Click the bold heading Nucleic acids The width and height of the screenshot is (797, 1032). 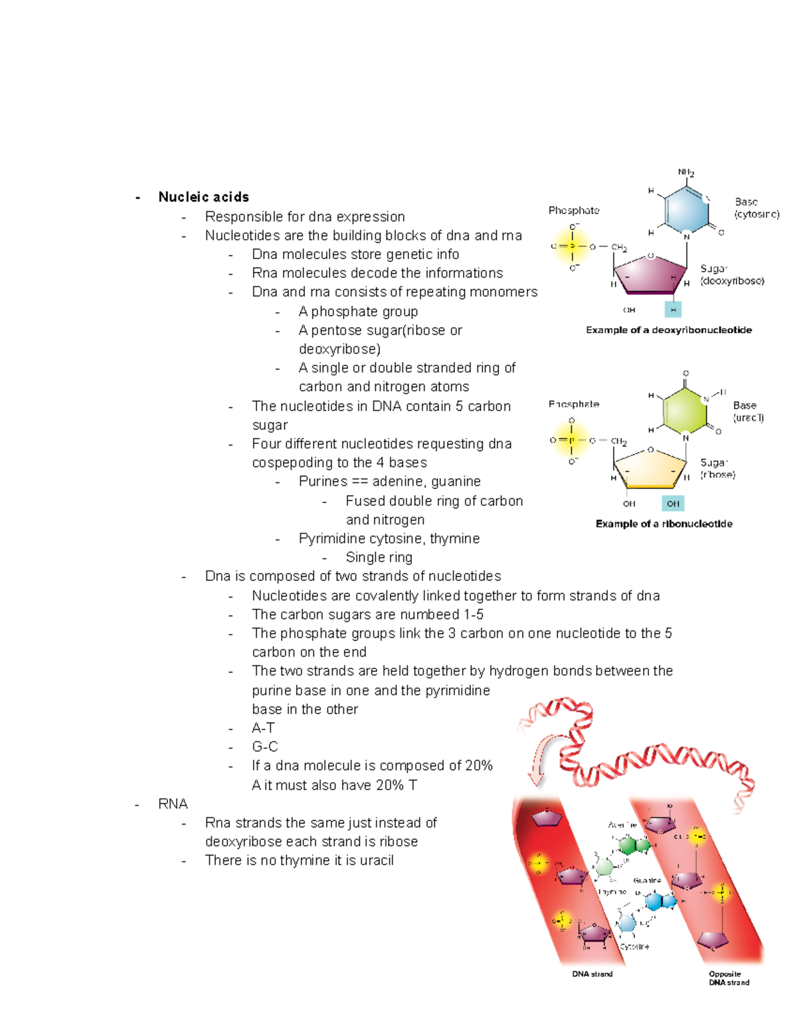(x=203, y=197)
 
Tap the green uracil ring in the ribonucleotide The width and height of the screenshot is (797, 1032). (x=685, y=410)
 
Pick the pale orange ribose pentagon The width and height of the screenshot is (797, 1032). (x=650, y=468)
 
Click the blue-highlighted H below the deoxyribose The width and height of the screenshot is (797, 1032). (x=673, y=310)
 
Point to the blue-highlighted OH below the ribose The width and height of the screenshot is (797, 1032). (x=673, y=504)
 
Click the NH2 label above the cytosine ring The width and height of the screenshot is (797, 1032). (x=686, y=173)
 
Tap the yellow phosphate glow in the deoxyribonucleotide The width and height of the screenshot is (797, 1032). (x=572, y=247)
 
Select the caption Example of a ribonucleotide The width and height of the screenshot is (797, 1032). (x=664, y=524)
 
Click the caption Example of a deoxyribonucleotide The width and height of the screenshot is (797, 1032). (x=668, y=330)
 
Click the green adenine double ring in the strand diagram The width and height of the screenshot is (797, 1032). (x=634, y=846)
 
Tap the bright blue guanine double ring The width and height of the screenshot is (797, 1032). (x=661, y=902)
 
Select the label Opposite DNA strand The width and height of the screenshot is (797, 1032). (x=729, y=978)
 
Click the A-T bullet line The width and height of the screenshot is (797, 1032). (x=263, y=728)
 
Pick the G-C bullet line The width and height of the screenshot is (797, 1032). (x=264, y=747)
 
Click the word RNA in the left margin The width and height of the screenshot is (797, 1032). (x=173, y=804)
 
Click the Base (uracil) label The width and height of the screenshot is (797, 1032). (x=748, y=411)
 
